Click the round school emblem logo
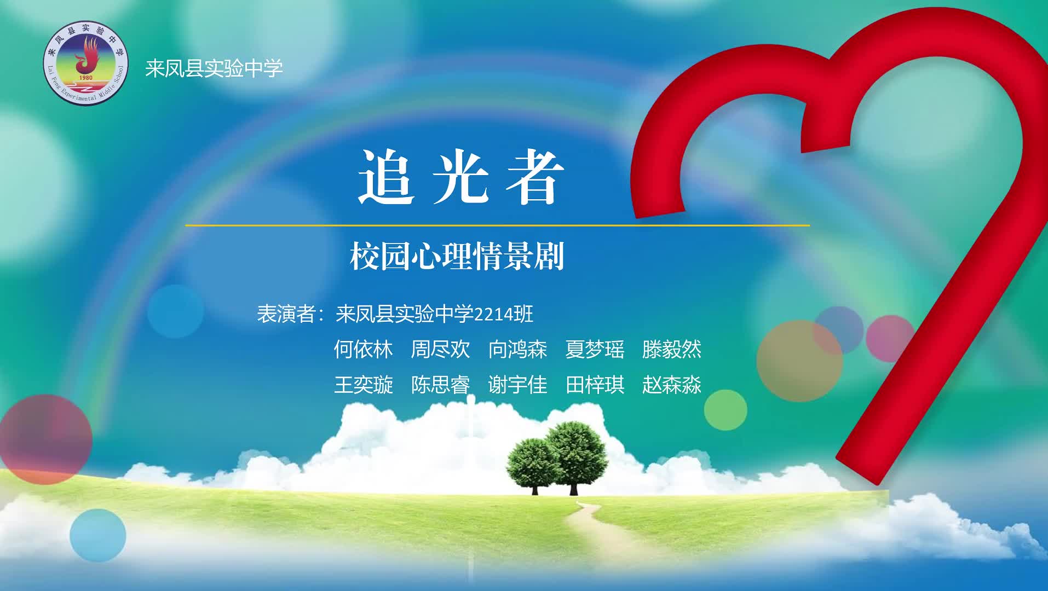[85, 63]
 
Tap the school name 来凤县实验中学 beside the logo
[214, 68]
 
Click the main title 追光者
[461, 177]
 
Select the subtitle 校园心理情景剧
[457, 256]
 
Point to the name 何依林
[364, 349]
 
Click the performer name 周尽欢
[441, 349]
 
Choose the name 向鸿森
[518, 349]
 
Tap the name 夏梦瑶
[595, 349]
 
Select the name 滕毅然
[672, 349]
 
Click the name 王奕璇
[364, 385]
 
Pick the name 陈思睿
[441, 385]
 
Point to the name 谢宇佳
[518, 385]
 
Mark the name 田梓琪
[595, 385]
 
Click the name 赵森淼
[672, 385]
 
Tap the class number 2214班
[503, 314]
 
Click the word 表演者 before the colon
[286, 314]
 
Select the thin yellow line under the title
[497, 225]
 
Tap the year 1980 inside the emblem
[86, 77]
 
